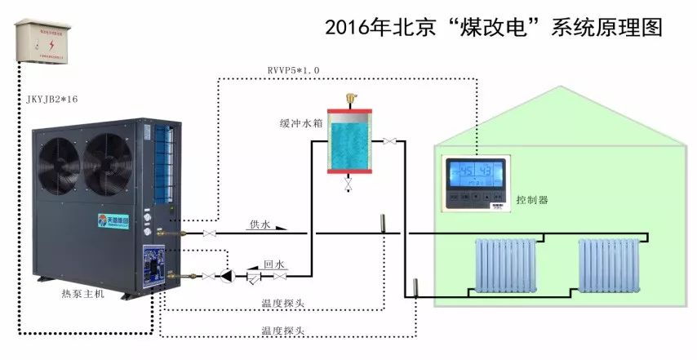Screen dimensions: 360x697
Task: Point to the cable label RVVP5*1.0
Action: click(x=294, y=71)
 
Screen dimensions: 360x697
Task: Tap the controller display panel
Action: click(x=475, y=184)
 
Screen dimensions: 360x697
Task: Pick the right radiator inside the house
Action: click(x=608, y=264)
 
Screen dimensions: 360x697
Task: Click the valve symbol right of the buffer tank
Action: click(x=389, y=142)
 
